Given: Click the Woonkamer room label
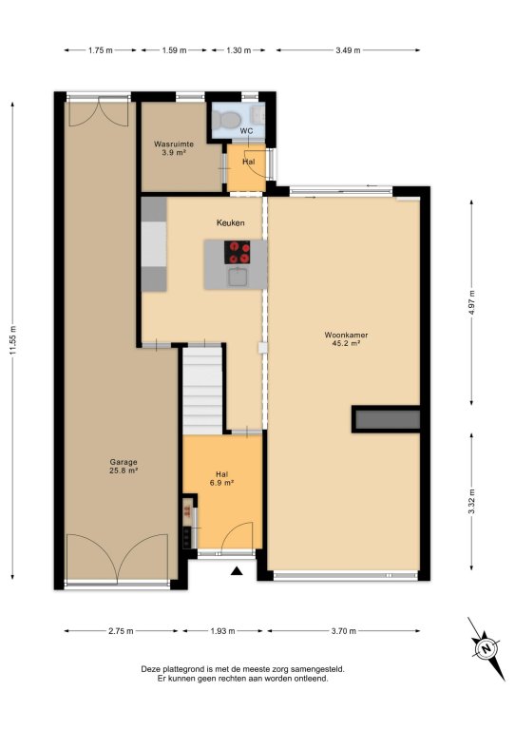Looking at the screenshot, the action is click(346, 335).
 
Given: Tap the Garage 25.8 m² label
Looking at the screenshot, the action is click(124, 466).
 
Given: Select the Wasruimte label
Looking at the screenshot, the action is click(174, 144).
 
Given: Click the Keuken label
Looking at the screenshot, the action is click(230, 223).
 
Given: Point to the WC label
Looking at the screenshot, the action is click(246, 131).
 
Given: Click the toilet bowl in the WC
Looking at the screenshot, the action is click(225, 120).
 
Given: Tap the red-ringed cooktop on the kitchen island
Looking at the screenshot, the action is click(238, 252).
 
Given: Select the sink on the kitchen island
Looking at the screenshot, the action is click(239, 277).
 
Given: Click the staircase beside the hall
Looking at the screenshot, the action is click(201, 390).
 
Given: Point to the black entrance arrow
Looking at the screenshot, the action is click(238, 570).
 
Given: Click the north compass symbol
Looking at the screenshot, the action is click(486, 648).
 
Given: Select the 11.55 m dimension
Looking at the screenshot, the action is click(12, 341).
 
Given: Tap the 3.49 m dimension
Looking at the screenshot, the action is click(348, 50).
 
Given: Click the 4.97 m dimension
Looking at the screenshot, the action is click(472, 302).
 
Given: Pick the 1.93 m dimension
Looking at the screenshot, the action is click(222, 631).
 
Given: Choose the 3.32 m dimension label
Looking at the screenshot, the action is click(472, 502).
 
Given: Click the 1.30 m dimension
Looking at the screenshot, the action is click(238, 50).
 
